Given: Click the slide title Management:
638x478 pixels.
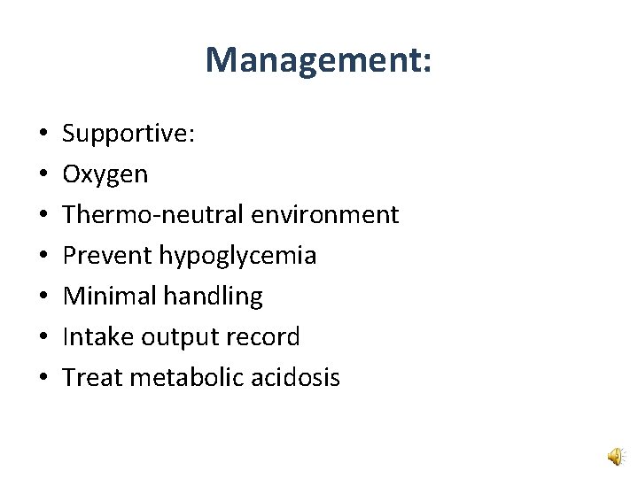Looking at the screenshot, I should pyautogui.click(x=319, y=61).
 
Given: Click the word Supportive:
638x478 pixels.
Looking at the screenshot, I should pyautogui.click(x=128, y=135).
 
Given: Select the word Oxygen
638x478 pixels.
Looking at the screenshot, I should pyautogui.click(x=105, y=175).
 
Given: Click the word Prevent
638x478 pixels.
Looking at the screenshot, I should pyautogui.click(x=107, y=256).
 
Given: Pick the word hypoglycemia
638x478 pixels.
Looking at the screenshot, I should pyautogui.click(x=237, y=257).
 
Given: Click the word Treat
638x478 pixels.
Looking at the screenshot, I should pyautogui.click(x=92, y=378).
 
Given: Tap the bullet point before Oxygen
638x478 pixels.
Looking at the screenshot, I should pyautogui.click(x=43, y=175).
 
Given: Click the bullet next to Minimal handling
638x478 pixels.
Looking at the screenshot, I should pyautogui.click(x=43, y=297).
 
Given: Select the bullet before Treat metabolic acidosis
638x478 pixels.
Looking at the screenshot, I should pyautogui.click(x=43, y=379).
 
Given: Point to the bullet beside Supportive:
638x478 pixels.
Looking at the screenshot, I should pyautogui.click(x=43, y=135).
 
